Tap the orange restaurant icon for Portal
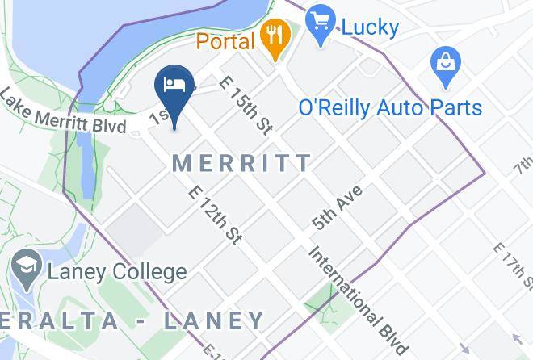pyautogui.click(x=276, y=36)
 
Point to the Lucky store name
pyautogui.click(x=370, y=27)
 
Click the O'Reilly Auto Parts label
pyautogui.click(x=390, y=107)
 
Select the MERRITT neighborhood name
pyautogui.click(x=241, y=163)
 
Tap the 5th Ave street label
pyautogui.click(x=338, y=207)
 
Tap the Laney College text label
pyautogui.click(x=116, y=272)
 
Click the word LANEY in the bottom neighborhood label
pyautogui.click(x=214, y=321)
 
